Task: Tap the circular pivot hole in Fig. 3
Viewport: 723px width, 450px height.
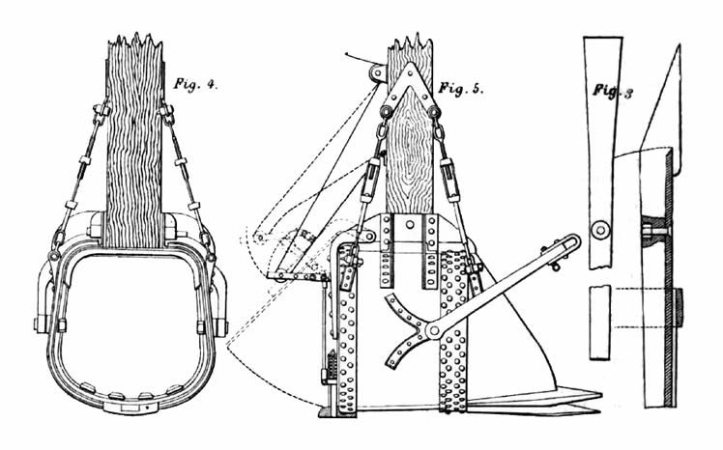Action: (x=600, y=230)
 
